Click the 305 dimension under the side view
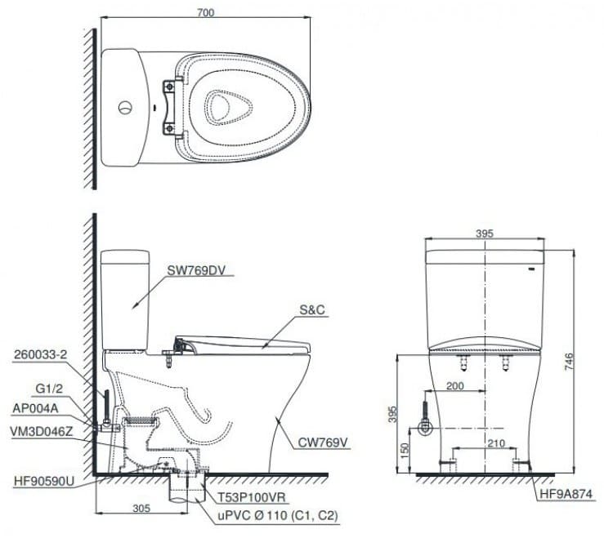coord(141,508)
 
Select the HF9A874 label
coord(566,493)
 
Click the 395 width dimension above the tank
coord(485,233)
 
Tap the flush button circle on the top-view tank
coord(125,106)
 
